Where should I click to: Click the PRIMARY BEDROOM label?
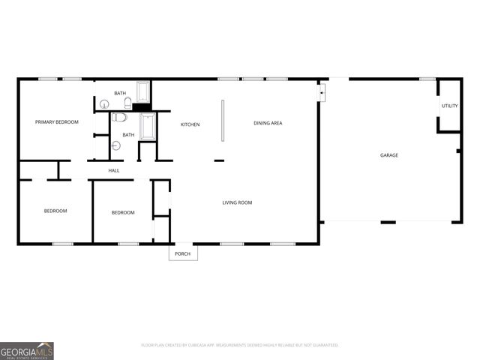pyautogui.click(x=56, y=121)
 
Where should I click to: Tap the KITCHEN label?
pyautogui.click(x=190, y=124)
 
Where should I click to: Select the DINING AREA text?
pyautogui.click(x=267, y=123)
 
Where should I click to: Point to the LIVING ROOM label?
pyautogui.click(x=236, y=202)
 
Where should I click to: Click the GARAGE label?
pyautogui.click(x=388, y=155)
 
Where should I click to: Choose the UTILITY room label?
pyautogui.click(x=449, y=106)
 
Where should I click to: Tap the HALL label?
pyautogui.click(x=114, y=170)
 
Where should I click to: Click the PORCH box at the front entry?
pyautogui.click(x=183, y=253)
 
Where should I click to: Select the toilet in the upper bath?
pyautogui.click(x=128, y=102)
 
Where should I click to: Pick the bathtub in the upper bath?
pyautogui.click(x=144, y=93)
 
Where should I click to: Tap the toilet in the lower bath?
pyautogui.click(x=120, y=118)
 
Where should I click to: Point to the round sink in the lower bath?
pyautogui.click(x=115, y=145)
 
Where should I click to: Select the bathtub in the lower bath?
pyautogui.click(x=147, y=127)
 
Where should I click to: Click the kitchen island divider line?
pyautogui.click(x=222, y=119)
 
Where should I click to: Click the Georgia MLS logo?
pyautogui.click(x=27, y=350)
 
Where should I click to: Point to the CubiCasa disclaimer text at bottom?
pyautogui.click(x=239, y=346)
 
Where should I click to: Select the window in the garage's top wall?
pyautogui.click(x=427, y=79)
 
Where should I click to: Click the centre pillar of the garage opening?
pyautogui.click(x=388, y=222)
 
